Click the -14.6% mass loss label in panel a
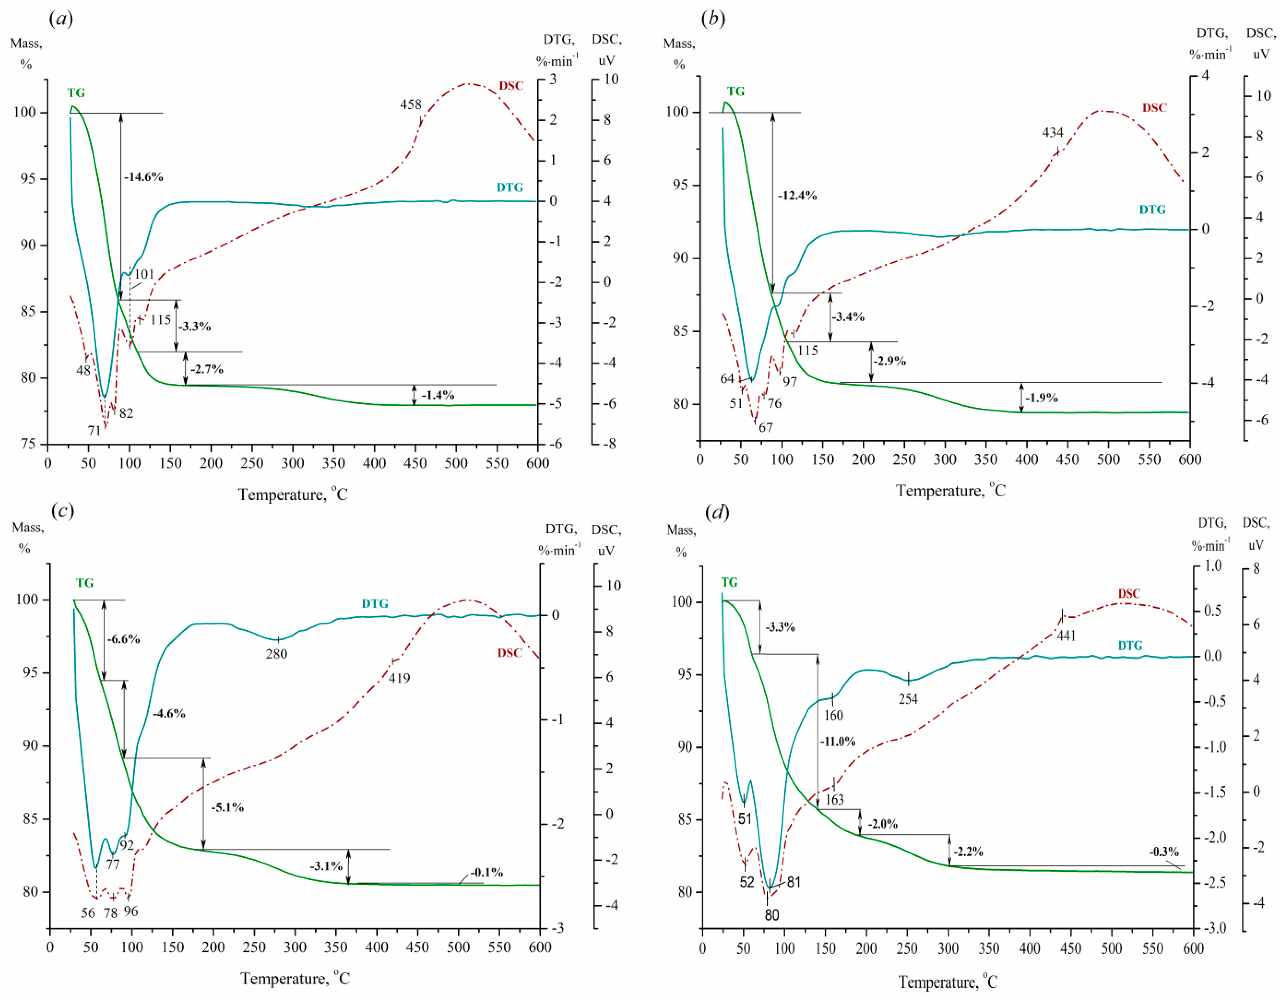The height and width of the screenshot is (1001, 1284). point(143,177)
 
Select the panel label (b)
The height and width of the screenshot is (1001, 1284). point(713,19)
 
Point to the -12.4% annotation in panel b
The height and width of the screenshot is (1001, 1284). point(797,196)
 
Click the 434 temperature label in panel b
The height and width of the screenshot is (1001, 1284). point(1052,133)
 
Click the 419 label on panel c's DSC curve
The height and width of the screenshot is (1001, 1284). point(399,678)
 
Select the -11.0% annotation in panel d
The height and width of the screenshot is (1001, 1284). point(838,742)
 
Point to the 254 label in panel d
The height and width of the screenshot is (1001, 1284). point(908,699)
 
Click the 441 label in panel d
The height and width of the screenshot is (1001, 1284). point(1066,636)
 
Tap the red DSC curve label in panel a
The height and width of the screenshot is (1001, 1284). point(511,86)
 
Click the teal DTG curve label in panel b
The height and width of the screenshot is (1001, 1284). point(1152,210)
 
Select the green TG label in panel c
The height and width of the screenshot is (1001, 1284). point(84,583)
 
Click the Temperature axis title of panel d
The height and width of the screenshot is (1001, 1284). point(948,982)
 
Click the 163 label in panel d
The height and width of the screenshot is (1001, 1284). point(834,800)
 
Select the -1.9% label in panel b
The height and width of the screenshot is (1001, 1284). point(1042,398)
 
